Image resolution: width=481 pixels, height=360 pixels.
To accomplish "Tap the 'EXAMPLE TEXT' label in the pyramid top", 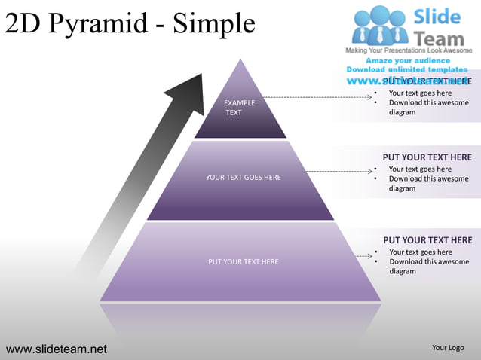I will [x=239, y=108].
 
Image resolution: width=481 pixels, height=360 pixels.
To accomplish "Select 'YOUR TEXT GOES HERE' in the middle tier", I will [x=243, y=178].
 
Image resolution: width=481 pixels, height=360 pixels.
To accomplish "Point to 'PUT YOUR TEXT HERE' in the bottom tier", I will [x=243, y=262].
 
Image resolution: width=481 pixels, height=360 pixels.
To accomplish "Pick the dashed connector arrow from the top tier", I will [x=320, y=97].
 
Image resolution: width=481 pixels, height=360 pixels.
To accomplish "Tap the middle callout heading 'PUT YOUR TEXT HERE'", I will [x=427, y=157].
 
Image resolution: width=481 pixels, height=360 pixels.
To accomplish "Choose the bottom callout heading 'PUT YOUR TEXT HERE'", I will [x=427, y=240].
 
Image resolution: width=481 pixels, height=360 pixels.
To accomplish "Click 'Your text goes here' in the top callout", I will [x=420, y=93].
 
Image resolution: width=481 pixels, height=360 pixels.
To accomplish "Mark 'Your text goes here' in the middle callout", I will [x=420, y=169].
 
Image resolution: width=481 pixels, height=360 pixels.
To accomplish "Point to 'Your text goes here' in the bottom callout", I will [x=420, y=252].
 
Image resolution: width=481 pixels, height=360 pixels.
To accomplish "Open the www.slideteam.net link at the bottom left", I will [x=57, y=349].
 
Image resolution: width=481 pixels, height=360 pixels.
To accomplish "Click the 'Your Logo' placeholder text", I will [x=448, y=348].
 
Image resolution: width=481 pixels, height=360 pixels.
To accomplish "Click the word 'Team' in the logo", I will [x=440, y=36].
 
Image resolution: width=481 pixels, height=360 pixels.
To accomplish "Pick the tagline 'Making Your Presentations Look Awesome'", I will [x=409, y=50].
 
